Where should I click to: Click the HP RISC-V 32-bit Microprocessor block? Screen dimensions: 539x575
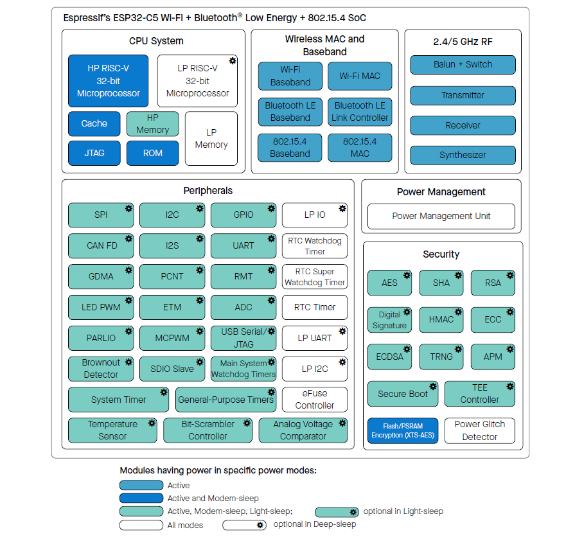tap(108, 81)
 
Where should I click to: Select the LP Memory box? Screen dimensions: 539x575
tap(211, 139)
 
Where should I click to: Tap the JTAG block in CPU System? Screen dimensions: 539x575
tap(94, 154)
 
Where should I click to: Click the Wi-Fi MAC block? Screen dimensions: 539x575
tap(360, 76)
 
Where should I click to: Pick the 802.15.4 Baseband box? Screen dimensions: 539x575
tap(290, 148)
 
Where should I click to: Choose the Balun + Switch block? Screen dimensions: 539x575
tap(463, 64)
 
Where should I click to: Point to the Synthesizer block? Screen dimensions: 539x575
tap(463, 155)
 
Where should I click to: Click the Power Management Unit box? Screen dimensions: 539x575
tap(441, 216)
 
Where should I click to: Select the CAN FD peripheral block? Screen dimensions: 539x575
tap(101, 246)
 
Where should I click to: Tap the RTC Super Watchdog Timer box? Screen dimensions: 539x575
tap(315, 277)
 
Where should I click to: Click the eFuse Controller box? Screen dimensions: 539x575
tap(315, 400)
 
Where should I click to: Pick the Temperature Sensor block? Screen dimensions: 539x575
tap(112, 430)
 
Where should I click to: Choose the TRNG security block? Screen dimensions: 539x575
tap(441, 357)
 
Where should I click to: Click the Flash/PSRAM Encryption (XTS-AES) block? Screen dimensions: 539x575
tap(403, 430)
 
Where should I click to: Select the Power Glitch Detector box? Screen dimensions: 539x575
tap(480, 430)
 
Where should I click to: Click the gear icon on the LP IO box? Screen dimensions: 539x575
tap(342, 209)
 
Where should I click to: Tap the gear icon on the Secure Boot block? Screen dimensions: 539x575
tap(433, 387)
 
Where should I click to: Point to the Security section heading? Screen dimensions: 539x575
tap(441, 254)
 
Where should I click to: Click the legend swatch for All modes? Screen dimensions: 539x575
tap(141, 525)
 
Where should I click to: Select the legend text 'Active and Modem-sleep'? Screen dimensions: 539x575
tap(213, 499)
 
